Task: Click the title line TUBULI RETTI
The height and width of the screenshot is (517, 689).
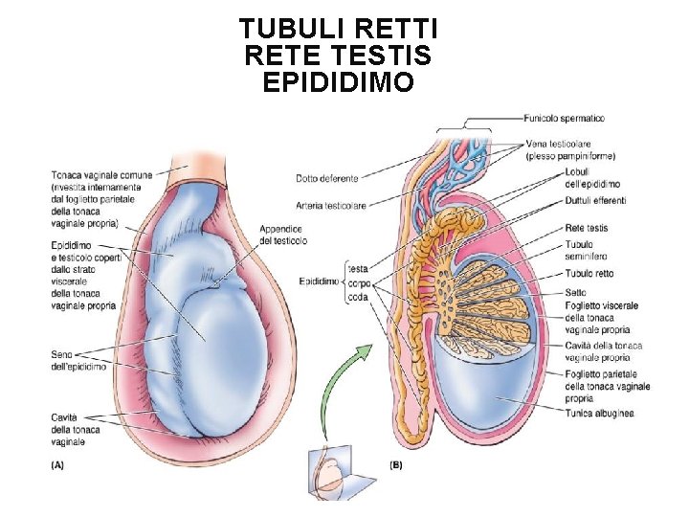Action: tap(338, 29)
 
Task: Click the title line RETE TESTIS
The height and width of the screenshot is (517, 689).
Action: tap(338, 56)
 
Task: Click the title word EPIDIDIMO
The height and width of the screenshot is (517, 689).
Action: tap(338, 82)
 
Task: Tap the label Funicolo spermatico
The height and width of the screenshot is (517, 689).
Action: tap(564, 119)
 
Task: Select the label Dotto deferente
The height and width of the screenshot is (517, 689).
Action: tap(327, 178)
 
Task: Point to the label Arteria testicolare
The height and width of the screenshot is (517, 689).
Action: tap(331, 205)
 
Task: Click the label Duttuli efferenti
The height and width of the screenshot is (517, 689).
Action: tap(595, 200)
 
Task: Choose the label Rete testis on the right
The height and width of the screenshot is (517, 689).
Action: tap(587, 228)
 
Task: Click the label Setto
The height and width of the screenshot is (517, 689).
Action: tap(576, 294)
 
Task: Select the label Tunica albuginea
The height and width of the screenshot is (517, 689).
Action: tap(599, 413)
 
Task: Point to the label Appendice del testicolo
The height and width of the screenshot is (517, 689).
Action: tap(282, 235)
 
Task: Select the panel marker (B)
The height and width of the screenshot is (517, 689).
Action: tap(396, 464)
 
